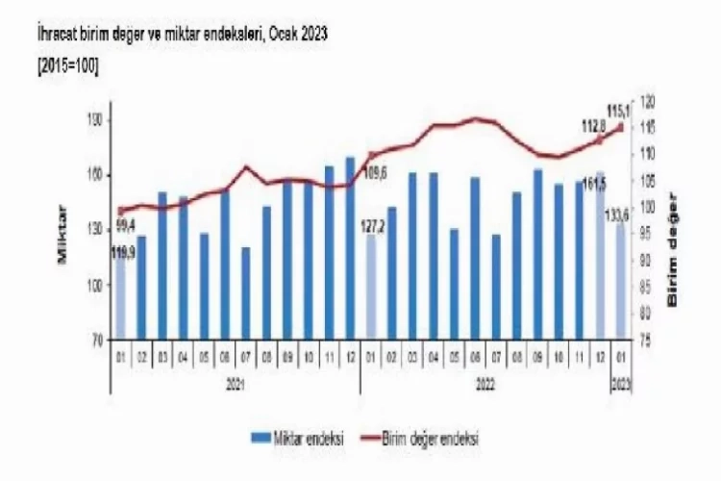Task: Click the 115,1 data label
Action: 617,109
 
